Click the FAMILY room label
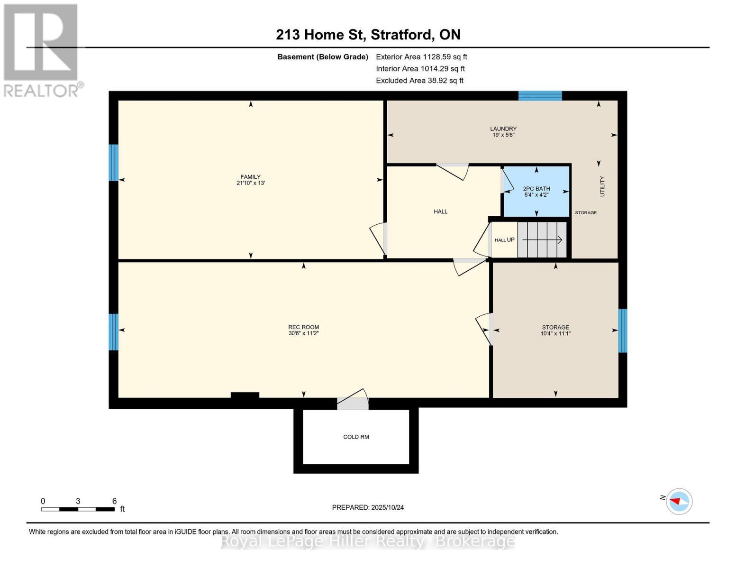[x=250, y=177]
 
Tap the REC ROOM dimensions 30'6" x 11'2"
[x=303, y=333]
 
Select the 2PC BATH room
[x=536, y=191]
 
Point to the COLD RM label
[x=356, y=437]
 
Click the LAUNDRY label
[x=503, y=128]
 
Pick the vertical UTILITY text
[x=602, y=186]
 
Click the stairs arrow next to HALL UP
[x=542, y=240]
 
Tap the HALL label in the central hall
[x=440, y=211]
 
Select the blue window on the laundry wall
[x=540, y=96]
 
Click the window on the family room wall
[x=113, y=163]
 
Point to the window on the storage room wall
[x=623, y=330]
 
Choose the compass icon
[x=679, y=501]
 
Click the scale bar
[x=78, y=509]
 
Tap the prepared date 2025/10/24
[x=368, y=507]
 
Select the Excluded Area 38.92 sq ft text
[x=419, y=81]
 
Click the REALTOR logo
[x=41, y=50]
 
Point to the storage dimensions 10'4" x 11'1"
[x=555, y=333]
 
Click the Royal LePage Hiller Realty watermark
[x=368, y=541]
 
